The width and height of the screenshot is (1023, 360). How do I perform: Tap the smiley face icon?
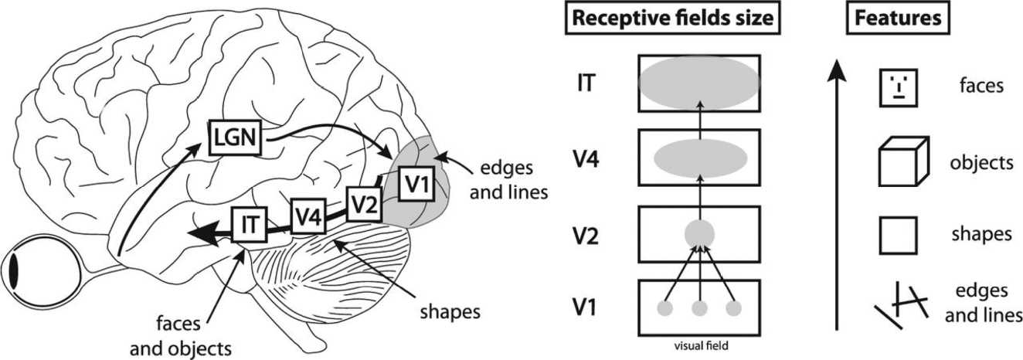point(897,86)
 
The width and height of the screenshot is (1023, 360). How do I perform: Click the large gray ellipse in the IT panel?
point(698,81)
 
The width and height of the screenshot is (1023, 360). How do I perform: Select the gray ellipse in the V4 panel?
point(698,158)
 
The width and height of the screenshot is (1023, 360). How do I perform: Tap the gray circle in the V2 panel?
point(698,233)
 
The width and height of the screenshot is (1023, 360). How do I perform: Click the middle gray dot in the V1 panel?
point(698,309)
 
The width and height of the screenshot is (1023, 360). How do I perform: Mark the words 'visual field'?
point(698,346)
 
